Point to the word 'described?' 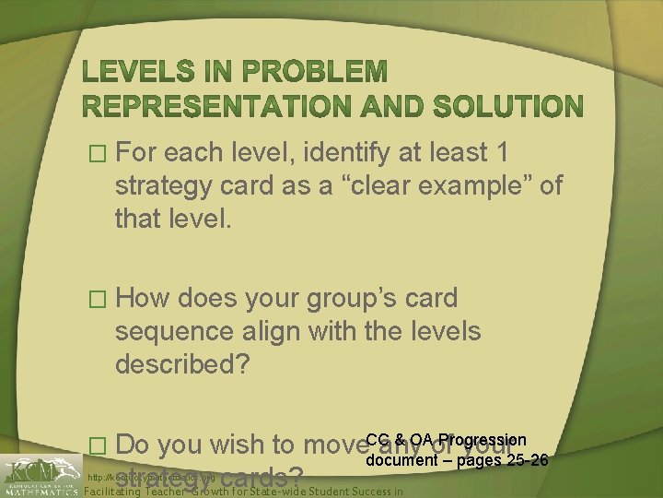click(x=182, y=363)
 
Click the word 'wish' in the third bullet click(x=233, y=446)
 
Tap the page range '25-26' click(x=527, y=459)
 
